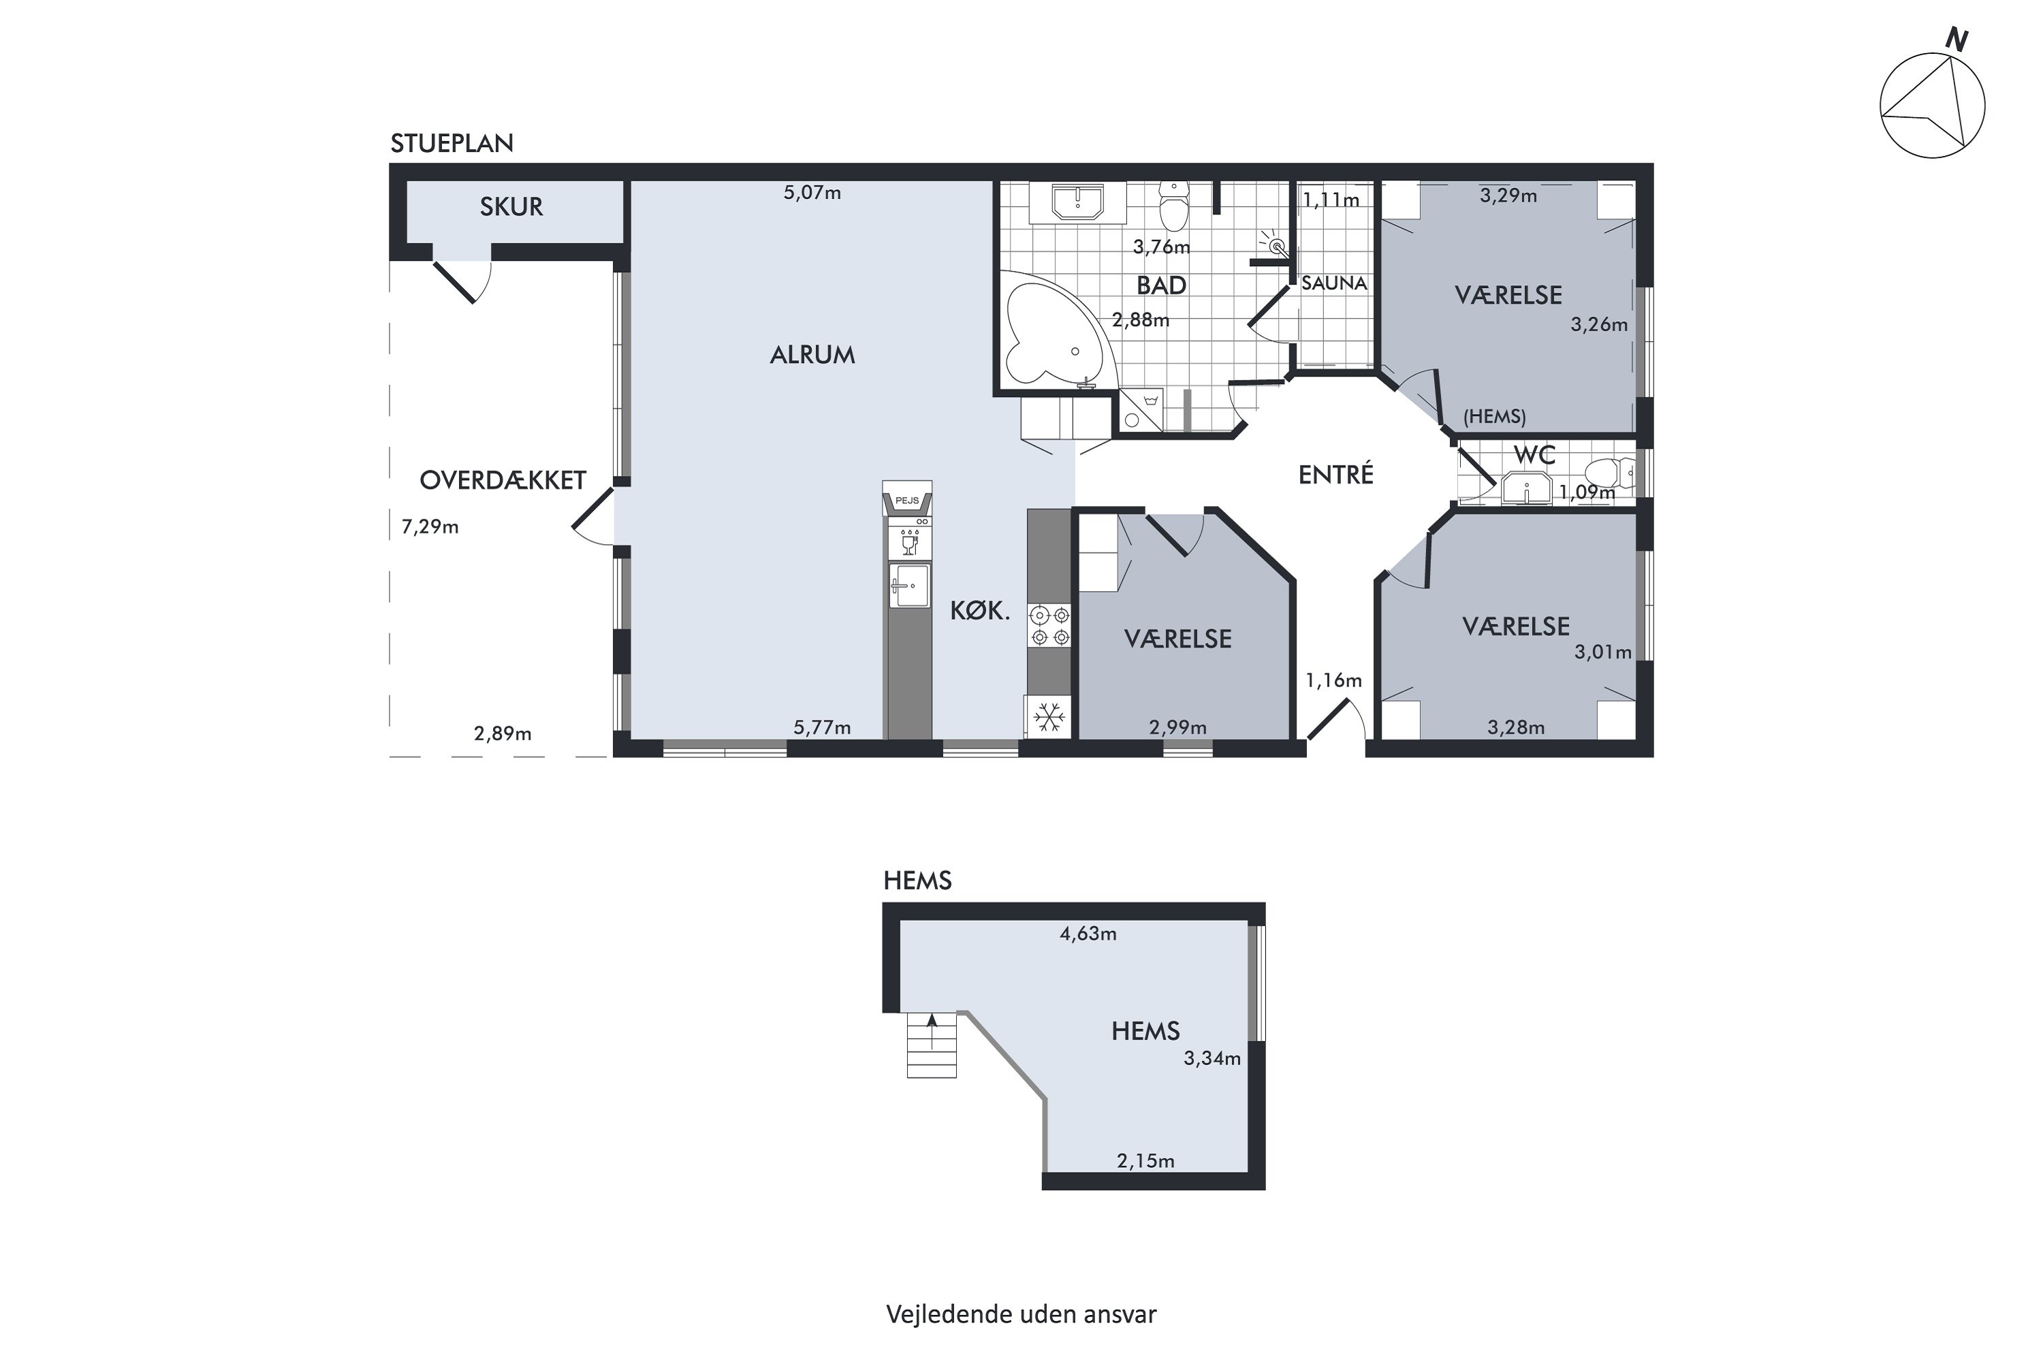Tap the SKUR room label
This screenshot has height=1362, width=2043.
[x=511, y=207]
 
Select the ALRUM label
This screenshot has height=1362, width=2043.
[x=812, y=354]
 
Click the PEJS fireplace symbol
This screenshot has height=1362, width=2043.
[x=907, y=499]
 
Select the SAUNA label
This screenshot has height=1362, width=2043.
[x=1334, y=283]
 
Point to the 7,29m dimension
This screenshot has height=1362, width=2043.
[x=430, y=527]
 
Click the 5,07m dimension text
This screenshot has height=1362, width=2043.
[x=812, y=193]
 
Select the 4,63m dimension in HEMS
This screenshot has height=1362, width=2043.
[x=1088, y=934]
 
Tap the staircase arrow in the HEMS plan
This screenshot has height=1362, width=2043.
[x=932, y=1031]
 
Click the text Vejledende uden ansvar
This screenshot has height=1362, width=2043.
[x=1022, y=1314]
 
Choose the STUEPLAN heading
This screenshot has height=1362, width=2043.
[x=452, y=143]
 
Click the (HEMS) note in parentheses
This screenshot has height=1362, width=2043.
[x=1494, y=416]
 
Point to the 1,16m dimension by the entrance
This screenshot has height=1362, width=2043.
[x=1333, y=680]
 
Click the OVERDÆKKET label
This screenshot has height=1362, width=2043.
[x=503, y=480]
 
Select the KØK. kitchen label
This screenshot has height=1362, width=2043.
[x=980, y=611]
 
